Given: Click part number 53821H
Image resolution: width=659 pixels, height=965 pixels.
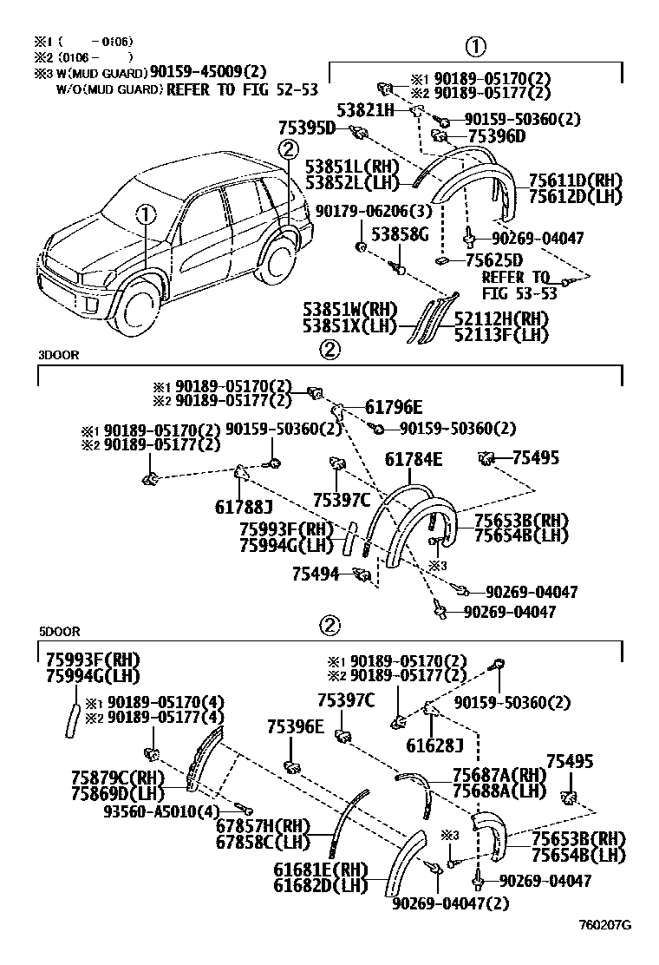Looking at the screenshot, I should tap(365, 110).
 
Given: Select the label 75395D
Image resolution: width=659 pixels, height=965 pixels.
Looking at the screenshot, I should tap(307, 128).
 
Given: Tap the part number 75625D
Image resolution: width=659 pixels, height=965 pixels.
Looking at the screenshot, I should tap(494, 259).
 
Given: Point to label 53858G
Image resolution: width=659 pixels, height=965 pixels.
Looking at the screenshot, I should tap(401, 234).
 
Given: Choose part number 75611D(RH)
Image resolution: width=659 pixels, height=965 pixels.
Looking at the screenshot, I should tap(570, 181).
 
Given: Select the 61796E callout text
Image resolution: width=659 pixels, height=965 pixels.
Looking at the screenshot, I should tap(393, 408).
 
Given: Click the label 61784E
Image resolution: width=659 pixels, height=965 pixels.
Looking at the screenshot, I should tap(413, 459).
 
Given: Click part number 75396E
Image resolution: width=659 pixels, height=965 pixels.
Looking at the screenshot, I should tap(295, 727).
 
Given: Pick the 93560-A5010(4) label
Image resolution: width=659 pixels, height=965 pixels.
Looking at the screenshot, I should tap(149, 811).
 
